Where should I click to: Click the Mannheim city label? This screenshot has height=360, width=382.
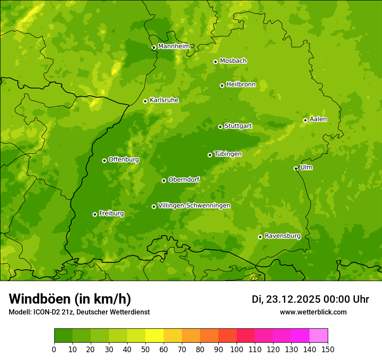click(174, 46)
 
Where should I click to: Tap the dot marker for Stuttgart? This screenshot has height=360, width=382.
click(220, 127)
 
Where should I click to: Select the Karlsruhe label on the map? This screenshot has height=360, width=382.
click(164, 100)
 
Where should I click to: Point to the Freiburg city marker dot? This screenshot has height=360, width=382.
click(95, 214)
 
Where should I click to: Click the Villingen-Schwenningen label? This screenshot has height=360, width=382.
click(194, 206)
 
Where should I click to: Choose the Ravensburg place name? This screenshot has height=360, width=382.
click(282, 236)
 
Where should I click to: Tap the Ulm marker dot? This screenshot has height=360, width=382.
click(296, 168)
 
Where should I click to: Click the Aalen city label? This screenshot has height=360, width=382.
click(318, 119)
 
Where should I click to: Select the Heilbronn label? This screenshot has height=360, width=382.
click(240, 85)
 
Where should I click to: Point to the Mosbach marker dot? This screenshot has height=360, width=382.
click(215, 62)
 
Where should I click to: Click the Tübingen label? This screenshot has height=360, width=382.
click(227, 154)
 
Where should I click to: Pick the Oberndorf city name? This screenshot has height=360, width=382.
click(184, 180)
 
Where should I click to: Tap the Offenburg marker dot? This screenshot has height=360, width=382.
click(104, 160)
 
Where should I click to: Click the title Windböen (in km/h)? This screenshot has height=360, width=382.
click(70, 299)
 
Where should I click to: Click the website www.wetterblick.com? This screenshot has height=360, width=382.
click(313, 312)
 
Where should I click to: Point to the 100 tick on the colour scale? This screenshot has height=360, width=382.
click(237, 349)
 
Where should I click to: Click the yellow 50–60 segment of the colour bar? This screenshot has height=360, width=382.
click(154, 336)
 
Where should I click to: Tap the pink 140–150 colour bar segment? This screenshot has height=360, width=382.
click(318, 336)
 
